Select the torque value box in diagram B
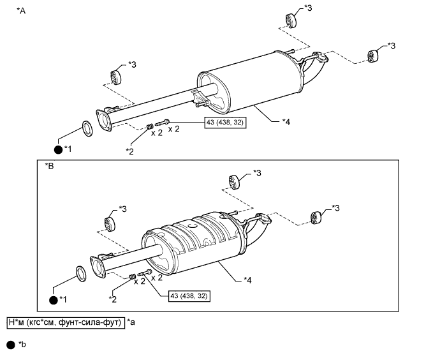(189, 296)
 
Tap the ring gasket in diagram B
(82, 274)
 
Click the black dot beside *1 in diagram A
(59, 149)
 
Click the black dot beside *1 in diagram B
(54, 299)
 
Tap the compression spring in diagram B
(132, 276)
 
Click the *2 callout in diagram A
(130, 151)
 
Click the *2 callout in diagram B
(112, 298)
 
